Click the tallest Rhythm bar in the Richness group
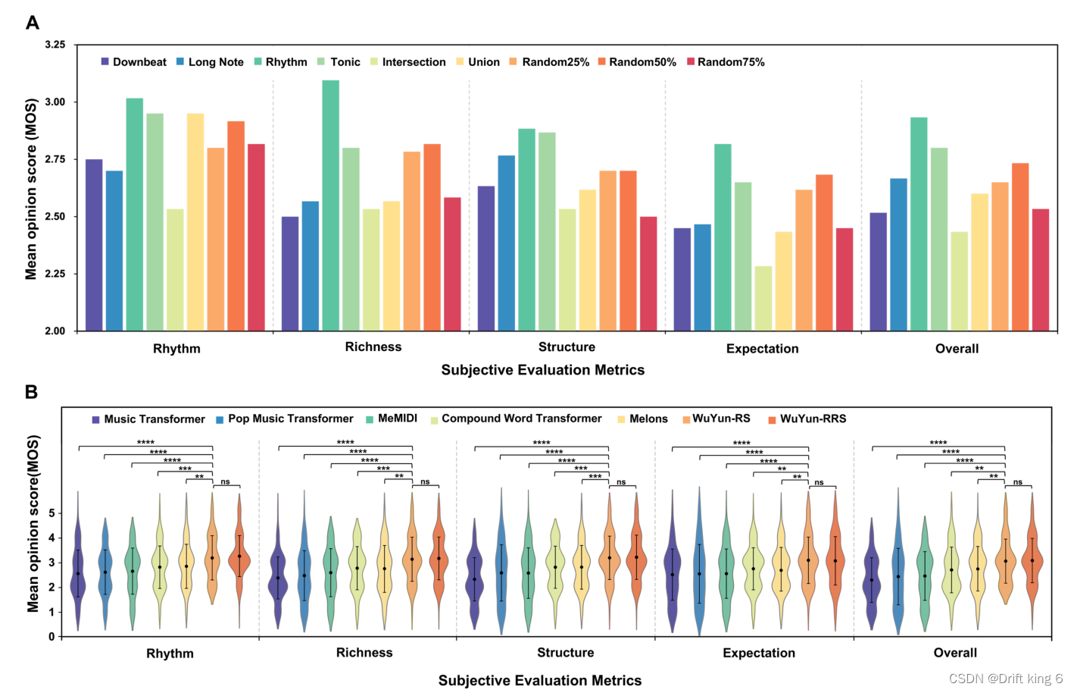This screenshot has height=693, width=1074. tap(330, 205)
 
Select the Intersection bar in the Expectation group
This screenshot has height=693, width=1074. tap(763, 299)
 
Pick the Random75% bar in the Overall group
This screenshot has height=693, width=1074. tap(1040, 270)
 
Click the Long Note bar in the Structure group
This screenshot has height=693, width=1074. tap(506, 243)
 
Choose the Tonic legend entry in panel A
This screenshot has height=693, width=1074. tap(339, 62)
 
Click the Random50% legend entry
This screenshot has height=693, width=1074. tap(636, 62)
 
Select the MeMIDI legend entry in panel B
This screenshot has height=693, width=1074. tap(392, 419)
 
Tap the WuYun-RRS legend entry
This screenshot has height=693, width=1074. tap(807, 419)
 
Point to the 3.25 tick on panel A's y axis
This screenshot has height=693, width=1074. tap(55, 45)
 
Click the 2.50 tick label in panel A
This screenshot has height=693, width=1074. tap(55, 216)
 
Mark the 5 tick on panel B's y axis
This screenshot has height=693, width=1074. tap(52, 513)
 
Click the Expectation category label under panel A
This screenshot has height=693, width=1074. tap(762, 349)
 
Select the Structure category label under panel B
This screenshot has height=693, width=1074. tap(565, 653)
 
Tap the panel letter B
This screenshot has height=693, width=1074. tap(31, 392)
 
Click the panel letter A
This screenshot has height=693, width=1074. tap(32, 23)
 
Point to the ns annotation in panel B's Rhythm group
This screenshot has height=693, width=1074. tap(225, 481)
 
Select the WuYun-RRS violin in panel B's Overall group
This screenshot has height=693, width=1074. tap(1032, 561)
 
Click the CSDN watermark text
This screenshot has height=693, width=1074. tap(1005, 679)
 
